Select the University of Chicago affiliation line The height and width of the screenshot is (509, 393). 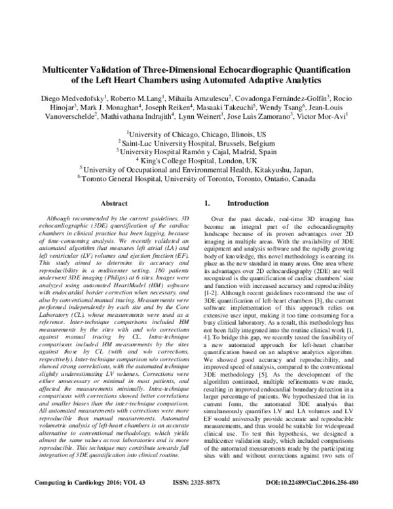(x=196, y=132)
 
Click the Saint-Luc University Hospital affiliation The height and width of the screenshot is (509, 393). (x=196, y=141)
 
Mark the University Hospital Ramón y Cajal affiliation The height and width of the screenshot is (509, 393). (x=196, y=150)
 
